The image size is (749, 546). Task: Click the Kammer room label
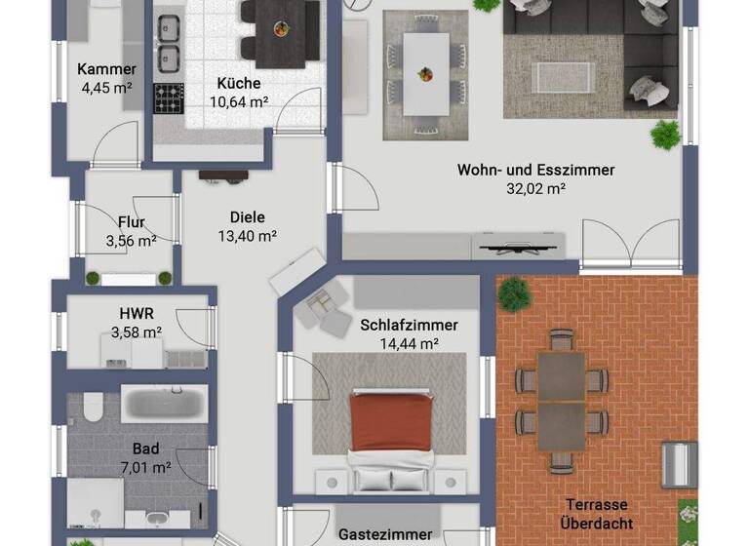pos(106,69)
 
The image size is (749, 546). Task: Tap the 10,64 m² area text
pos(239,99)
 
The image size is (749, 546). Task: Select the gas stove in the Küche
pos(169,97)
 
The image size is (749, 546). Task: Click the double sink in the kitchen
pos(170,43)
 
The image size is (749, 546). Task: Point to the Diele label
pos(247,217)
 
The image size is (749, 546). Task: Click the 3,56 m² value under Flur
pos(132,240)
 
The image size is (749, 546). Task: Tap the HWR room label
pos(136,314)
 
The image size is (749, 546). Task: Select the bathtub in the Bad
pos(164,402)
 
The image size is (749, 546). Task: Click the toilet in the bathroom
pos(94,406)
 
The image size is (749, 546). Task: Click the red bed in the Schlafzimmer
pos(390,421)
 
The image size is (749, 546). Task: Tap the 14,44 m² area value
pos(409,343)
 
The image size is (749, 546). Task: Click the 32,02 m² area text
pos(536,189)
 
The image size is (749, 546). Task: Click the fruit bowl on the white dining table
pos(426,72)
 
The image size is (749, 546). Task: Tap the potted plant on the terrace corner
pos(512,292)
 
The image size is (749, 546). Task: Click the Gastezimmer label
pos(384,534)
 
